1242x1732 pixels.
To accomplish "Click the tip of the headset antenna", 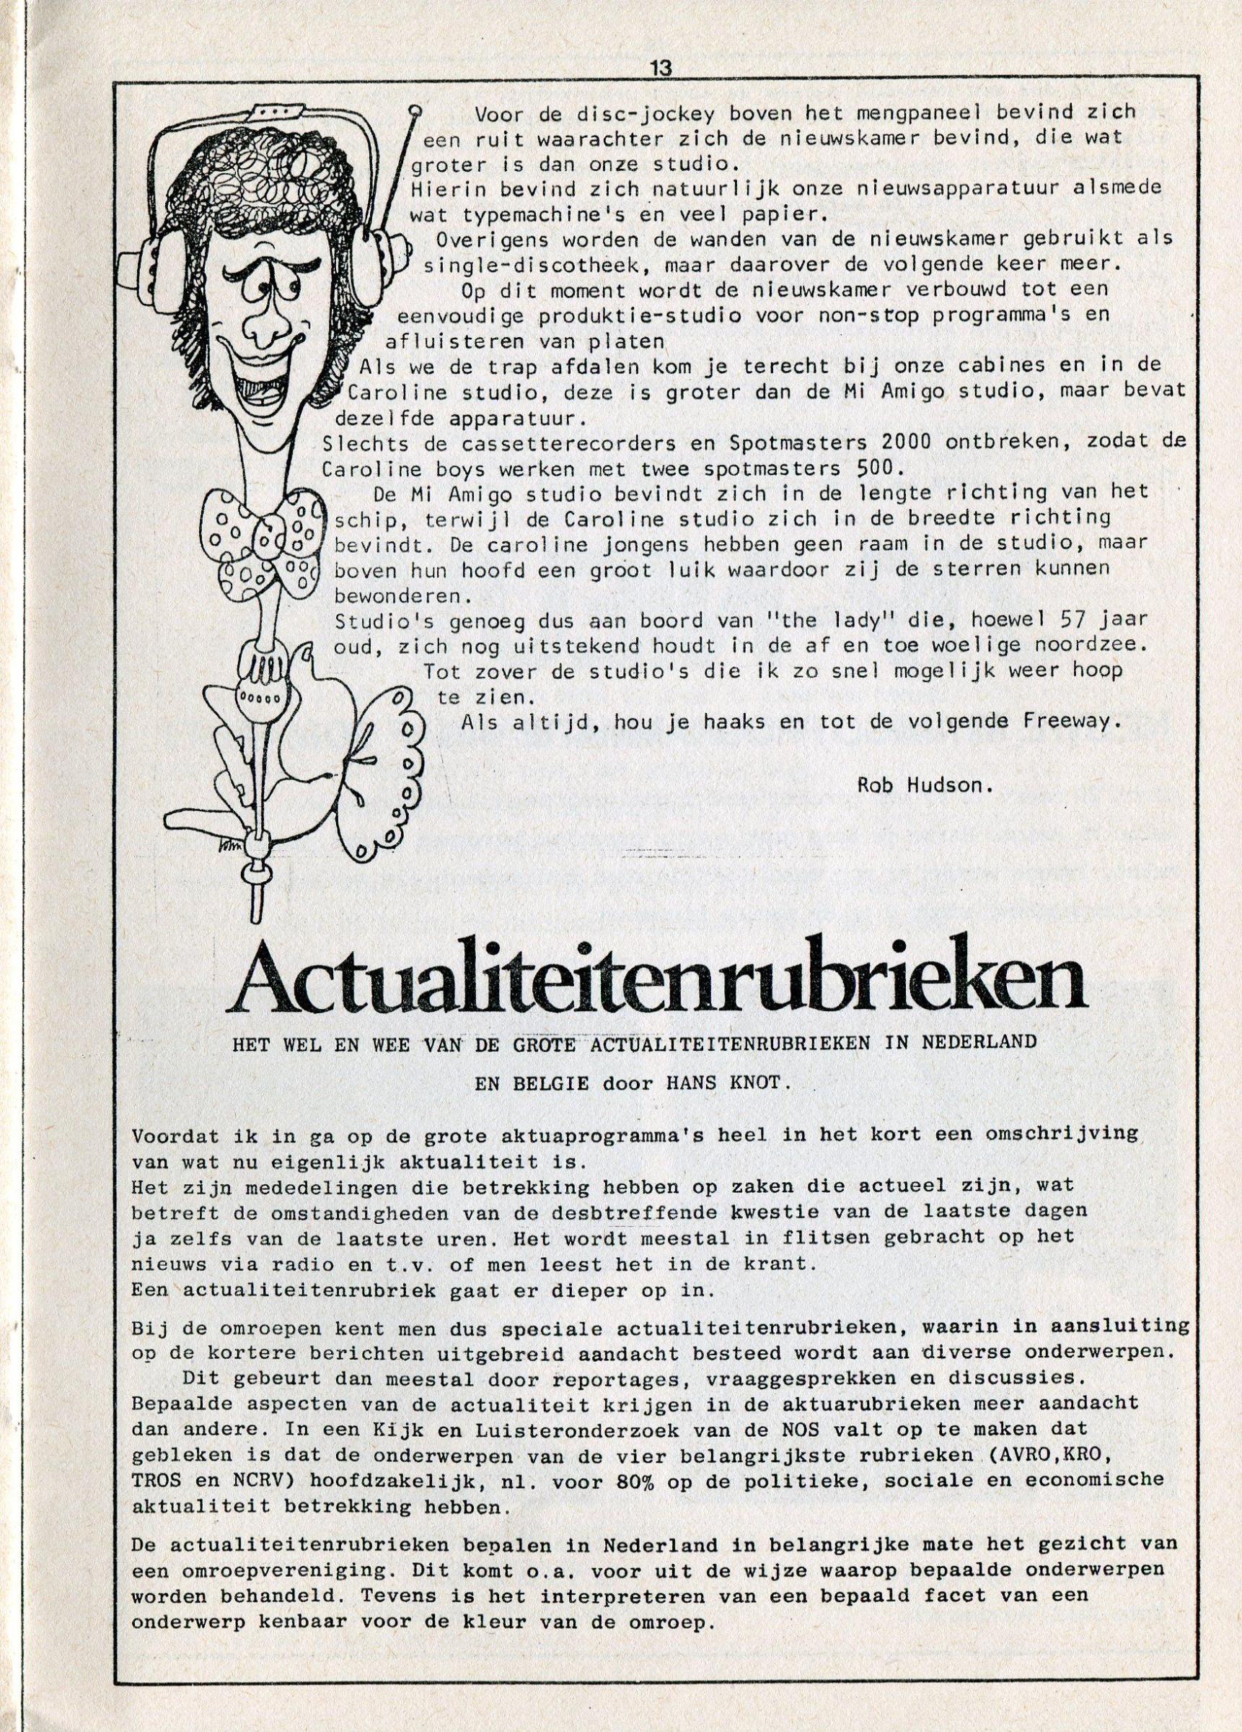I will coord(415,108).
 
